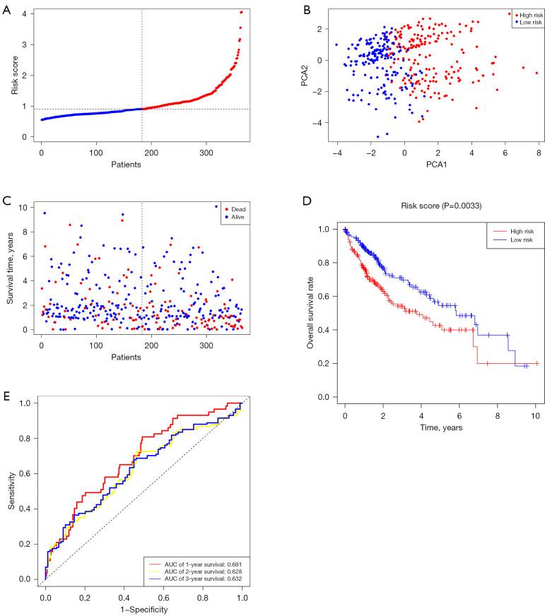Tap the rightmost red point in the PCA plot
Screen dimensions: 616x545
click(x=537, y=73)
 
